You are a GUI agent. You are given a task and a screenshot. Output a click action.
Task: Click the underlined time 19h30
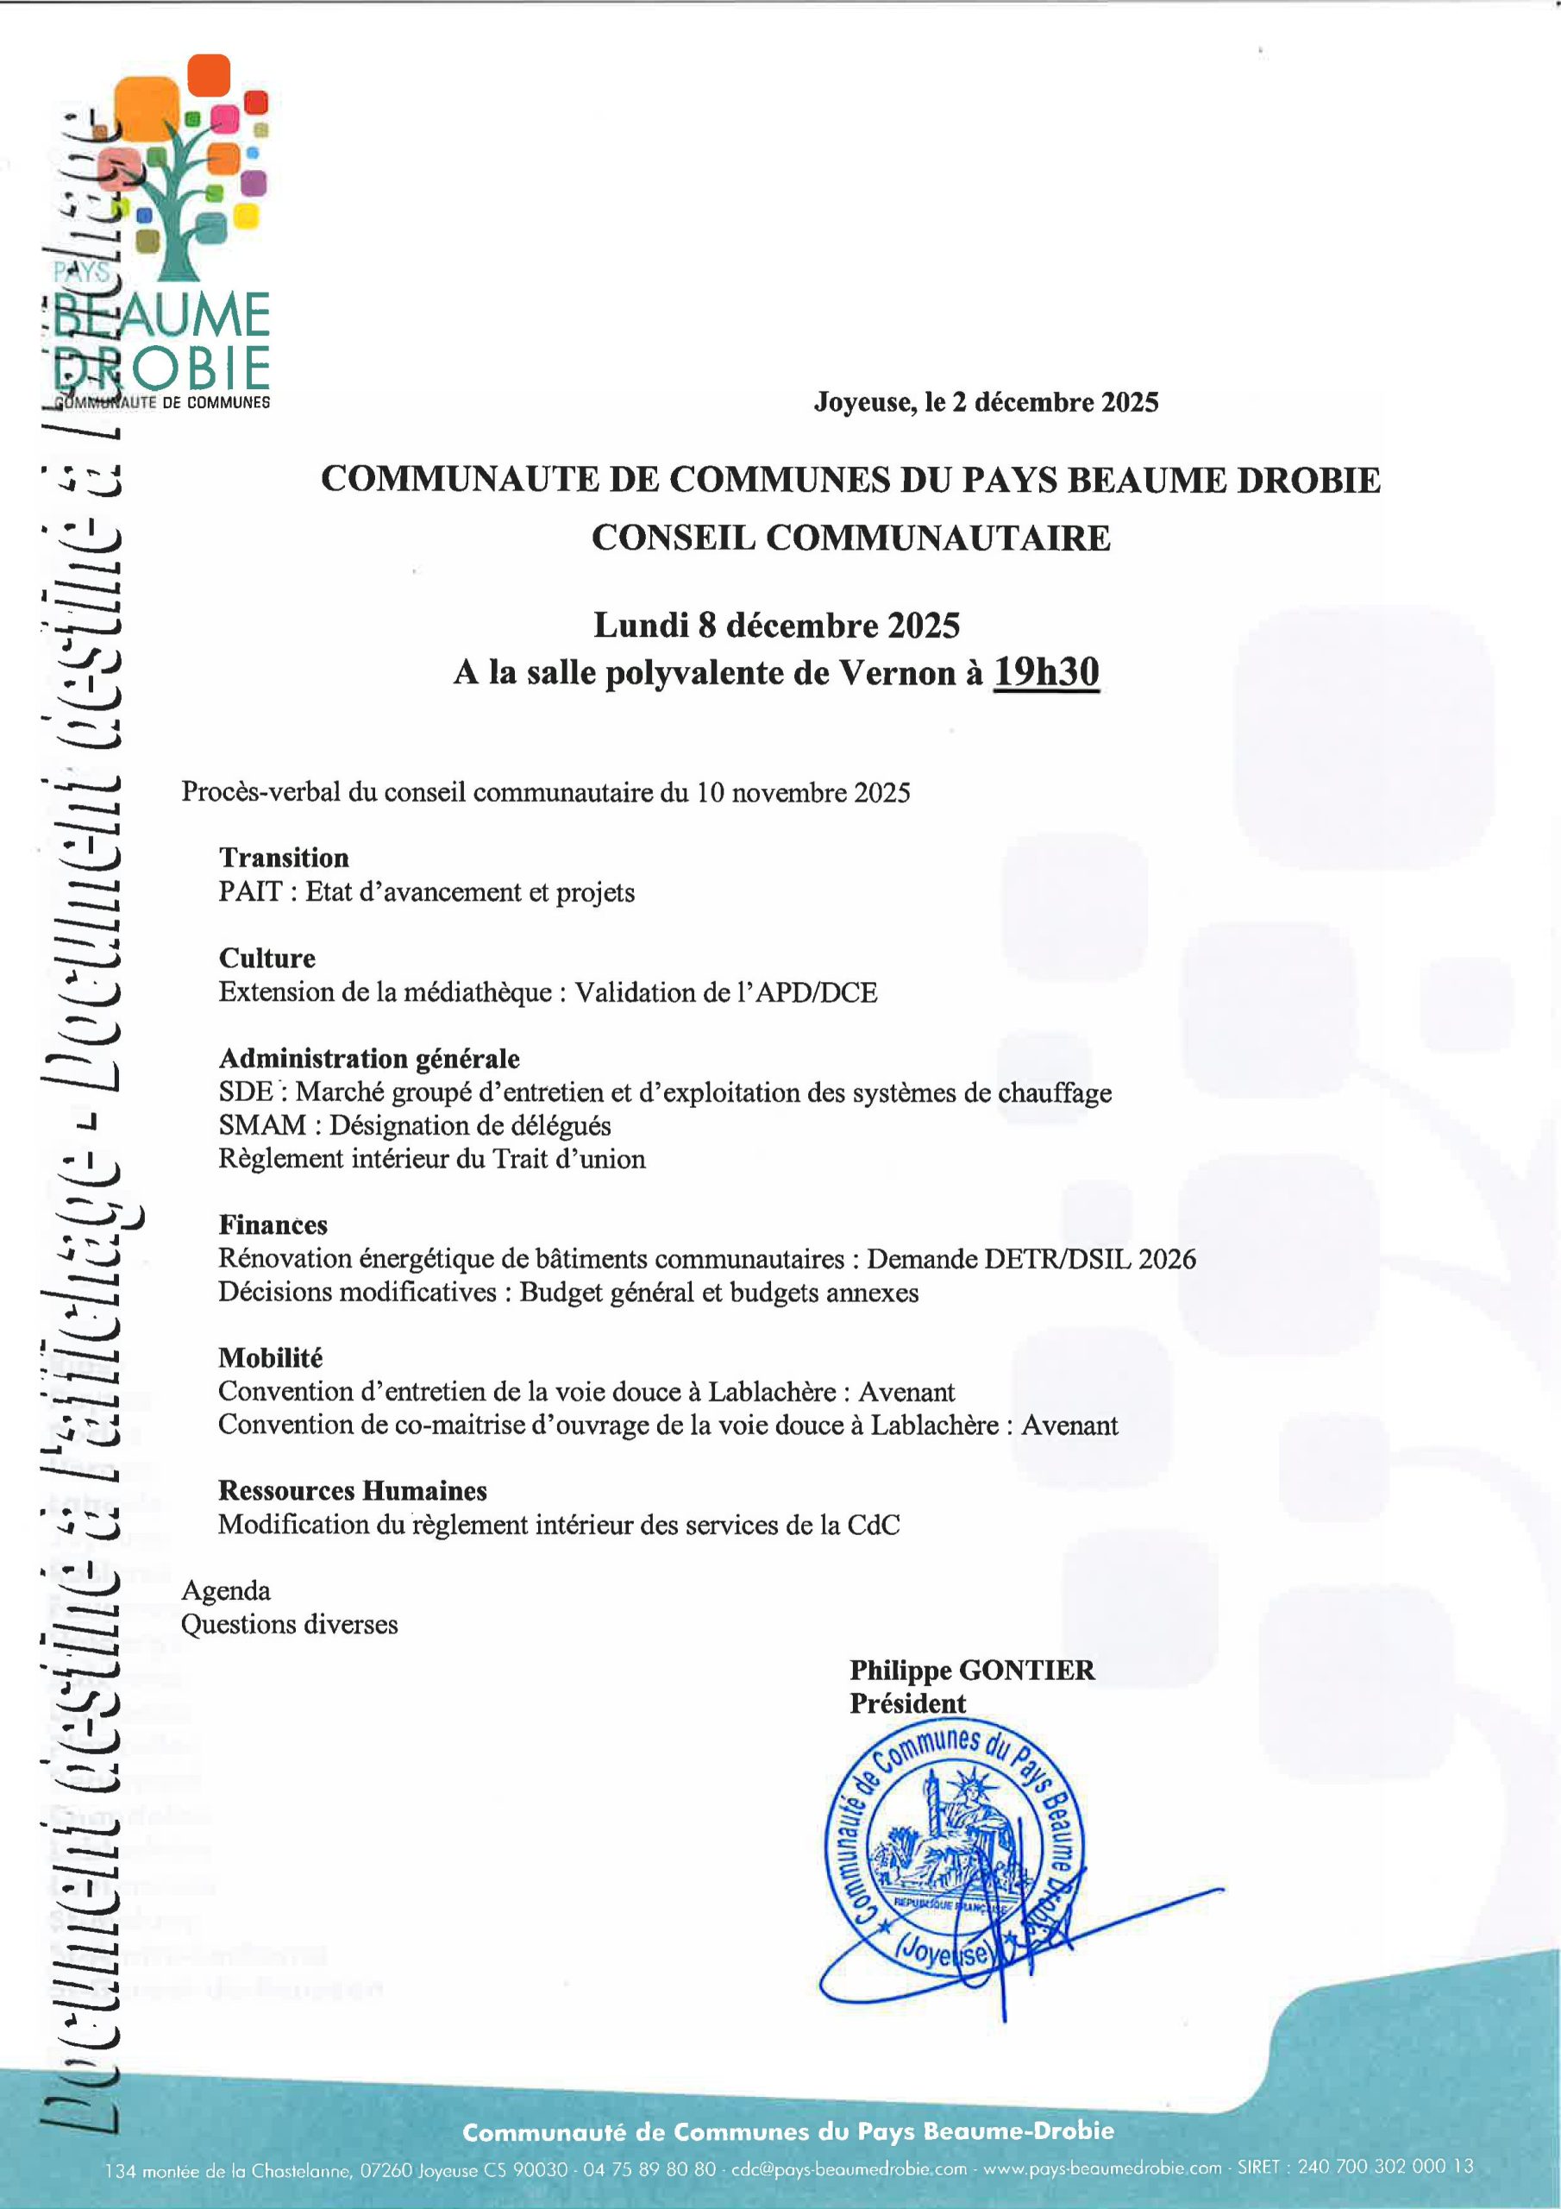click(1045, 671)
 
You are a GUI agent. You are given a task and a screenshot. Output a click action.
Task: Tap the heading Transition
click(284, 857)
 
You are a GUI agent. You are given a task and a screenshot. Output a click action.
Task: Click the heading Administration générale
click(369, 1058)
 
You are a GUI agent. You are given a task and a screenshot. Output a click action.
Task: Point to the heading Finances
click(273, 1224)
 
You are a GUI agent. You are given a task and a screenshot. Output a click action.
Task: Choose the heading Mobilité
click(270, 1357)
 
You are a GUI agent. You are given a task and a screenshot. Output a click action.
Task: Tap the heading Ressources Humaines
click(352, 1490)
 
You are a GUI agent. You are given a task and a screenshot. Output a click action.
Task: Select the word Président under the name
click(907, 1703)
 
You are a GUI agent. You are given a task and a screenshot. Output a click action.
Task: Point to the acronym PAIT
click(249, 892)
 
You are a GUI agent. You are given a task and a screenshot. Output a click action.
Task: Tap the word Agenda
click(226, 1590)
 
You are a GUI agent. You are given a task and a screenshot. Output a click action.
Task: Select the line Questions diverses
click(290, 1624)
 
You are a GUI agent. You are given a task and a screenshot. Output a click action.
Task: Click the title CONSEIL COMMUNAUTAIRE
click(850, 538)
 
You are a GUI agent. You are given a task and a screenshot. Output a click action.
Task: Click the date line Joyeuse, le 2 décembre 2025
click(986, 402)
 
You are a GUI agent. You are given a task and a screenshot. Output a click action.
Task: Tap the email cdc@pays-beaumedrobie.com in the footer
click(849, 2168)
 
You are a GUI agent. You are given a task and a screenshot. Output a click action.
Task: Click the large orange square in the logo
click(147, 108)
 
